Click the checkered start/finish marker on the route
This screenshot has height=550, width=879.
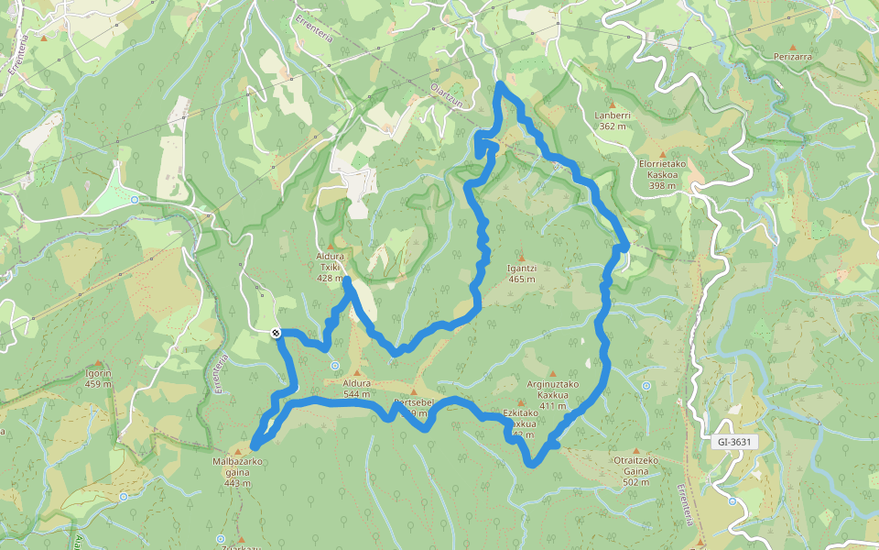tap(276, 333)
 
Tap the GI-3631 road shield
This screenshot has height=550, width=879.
tap(734, 442)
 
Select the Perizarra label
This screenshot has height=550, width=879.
tap(793, 57)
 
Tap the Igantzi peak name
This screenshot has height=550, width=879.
tap(521, 268)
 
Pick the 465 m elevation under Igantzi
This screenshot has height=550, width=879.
tap(521, 279)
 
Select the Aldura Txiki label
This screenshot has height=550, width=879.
tap(330, 262)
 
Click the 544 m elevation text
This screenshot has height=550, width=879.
tap(357, 394)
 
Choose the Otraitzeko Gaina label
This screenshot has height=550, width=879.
tap(636, 465)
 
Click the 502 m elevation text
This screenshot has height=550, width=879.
tap(636, 482)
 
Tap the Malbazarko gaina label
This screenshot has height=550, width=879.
tap(237, 467)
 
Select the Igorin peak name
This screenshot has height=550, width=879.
tap(98, 373)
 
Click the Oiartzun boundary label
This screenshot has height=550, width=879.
tap(447, 95)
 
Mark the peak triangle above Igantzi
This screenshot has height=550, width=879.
tap(521, 257)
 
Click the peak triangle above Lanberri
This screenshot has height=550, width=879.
tap(613, 104)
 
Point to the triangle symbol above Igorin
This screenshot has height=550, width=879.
tap(98, 363)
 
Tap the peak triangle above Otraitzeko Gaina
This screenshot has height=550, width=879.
tap(636, 450)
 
